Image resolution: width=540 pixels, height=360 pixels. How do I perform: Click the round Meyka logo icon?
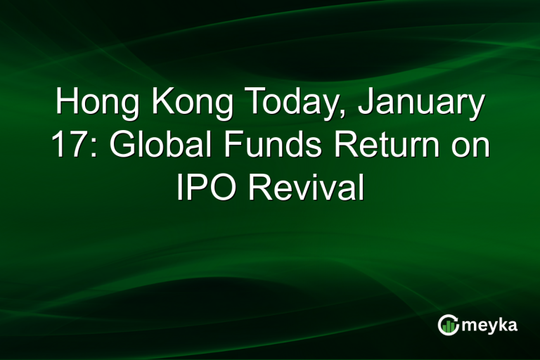(448, 324)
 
